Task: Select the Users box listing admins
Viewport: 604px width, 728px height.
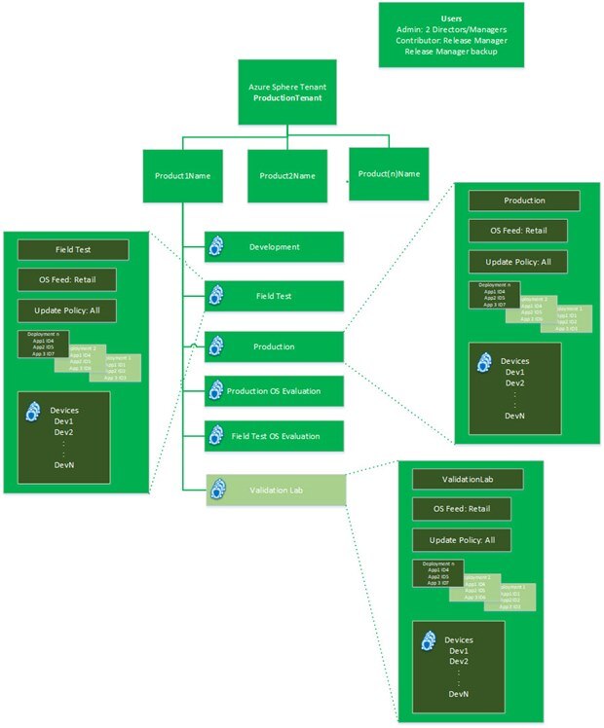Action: coord(451,35)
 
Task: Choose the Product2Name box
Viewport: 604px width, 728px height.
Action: coord(286,176)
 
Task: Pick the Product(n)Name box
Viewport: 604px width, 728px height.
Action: coord(388,174)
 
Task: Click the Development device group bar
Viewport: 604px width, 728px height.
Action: coord(274,246)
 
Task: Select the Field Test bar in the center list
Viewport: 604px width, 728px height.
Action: coord(274,295)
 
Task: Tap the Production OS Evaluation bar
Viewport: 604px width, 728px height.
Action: coord(274,392)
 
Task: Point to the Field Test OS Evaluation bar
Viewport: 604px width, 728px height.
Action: coord(274,436)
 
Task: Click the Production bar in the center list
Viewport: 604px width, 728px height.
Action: coord(274,346)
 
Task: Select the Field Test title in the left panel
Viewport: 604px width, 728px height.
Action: coord(73,250)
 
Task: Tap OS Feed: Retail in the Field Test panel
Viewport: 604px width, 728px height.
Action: coord(73,280)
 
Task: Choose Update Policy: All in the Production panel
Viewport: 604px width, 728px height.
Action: coord(525,262)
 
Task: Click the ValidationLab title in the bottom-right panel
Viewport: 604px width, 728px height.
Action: coord(469,480)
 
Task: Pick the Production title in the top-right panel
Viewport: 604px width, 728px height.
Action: coord(525,200)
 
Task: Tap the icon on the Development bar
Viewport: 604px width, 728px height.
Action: coord(216,246)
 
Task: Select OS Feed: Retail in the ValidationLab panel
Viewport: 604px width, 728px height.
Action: coord(469,510)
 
